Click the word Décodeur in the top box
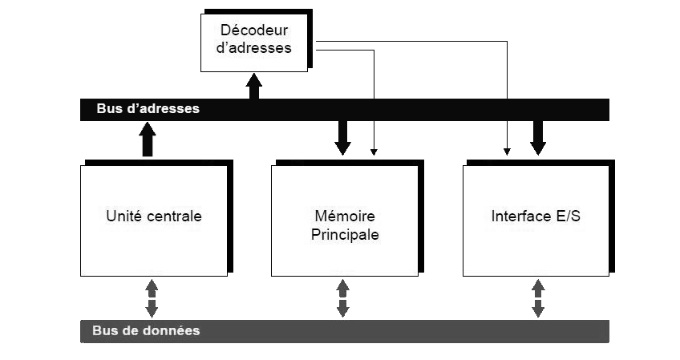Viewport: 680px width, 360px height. [x=253, y=30]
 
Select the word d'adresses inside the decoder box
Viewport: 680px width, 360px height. [x=253, y=48]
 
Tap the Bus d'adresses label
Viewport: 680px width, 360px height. [x=148, y=108]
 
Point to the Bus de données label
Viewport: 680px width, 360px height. [x=146, y=330]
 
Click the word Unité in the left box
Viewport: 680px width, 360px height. [x=123, y=216]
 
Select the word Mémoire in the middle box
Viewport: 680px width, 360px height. [x=345, y=216]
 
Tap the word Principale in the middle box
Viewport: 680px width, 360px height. [x=345, y=236]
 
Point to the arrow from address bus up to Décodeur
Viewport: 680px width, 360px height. [x=254, y=85]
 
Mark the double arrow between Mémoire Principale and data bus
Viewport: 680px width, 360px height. [x=343, y=297]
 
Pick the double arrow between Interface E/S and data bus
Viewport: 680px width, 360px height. [x=538, y=297]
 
